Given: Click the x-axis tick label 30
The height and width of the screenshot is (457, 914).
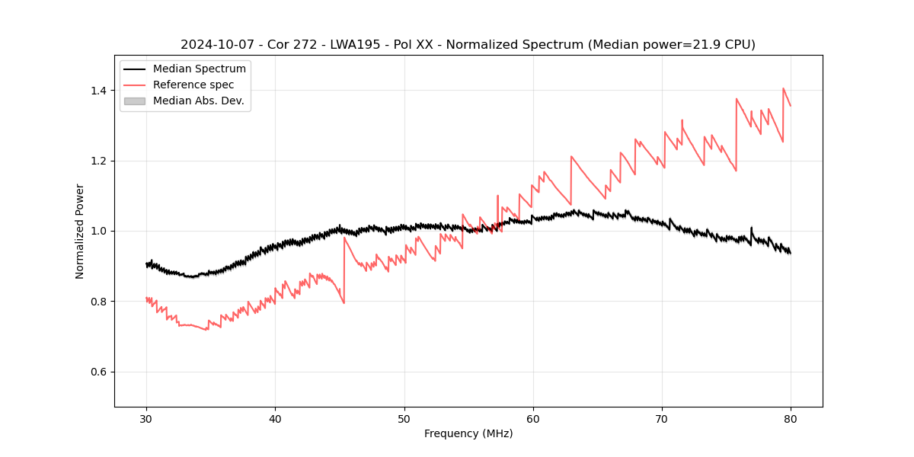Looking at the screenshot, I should [x=146, y=418].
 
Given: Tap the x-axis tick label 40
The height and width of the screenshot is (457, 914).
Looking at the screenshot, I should [x=275, y=418].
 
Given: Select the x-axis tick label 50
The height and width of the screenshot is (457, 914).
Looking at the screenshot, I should [x=404, y=418].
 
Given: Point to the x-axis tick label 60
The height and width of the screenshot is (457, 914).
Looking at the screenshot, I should [x=533, y=418].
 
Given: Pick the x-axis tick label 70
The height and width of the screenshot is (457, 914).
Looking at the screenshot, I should [x=662, y=418].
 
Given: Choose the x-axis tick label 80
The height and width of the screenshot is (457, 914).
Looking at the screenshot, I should [x=791, y=418].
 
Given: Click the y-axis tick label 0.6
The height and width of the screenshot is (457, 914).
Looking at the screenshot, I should [x=98, y=372].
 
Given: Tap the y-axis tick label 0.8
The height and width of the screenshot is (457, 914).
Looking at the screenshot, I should [x=98, y=302].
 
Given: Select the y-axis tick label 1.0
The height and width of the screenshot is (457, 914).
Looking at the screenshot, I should [x=98, y=231].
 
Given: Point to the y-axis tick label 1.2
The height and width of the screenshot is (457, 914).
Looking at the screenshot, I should [x=98, y=161].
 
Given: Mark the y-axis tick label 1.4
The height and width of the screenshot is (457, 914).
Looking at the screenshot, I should [x=98, y=91].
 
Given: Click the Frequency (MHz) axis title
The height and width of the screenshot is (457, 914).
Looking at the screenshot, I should [x=468, y=433].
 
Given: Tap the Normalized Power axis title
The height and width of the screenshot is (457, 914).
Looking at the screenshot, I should [x=80, y=231].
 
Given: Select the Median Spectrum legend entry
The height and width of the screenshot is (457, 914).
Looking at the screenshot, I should [x=199, y=69].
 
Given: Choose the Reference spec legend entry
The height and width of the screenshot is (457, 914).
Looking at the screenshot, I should [x=193, y=85].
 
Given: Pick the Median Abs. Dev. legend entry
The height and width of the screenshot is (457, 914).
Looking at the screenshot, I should [x=198, y=101].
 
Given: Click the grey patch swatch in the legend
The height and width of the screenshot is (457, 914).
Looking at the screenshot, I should [x=134, y=101].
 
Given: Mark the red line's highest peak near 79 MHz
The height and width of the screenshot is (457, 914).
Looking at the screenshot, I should [x=784, y=88].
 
